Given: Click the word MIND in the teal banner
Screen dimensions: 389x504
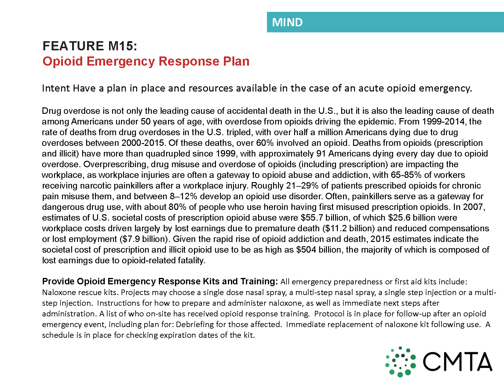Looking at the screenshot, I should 287,22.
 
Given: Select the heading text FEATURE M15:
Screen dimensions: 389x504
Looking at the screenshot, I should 90,46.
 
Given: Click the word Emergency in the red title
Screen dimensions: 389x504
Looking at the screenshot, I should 121,61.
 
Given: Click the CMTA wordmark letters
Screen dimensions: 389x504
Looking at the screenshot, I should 457,362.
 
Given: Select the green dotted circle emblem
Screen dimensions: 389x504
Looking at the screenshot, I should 400,362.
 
